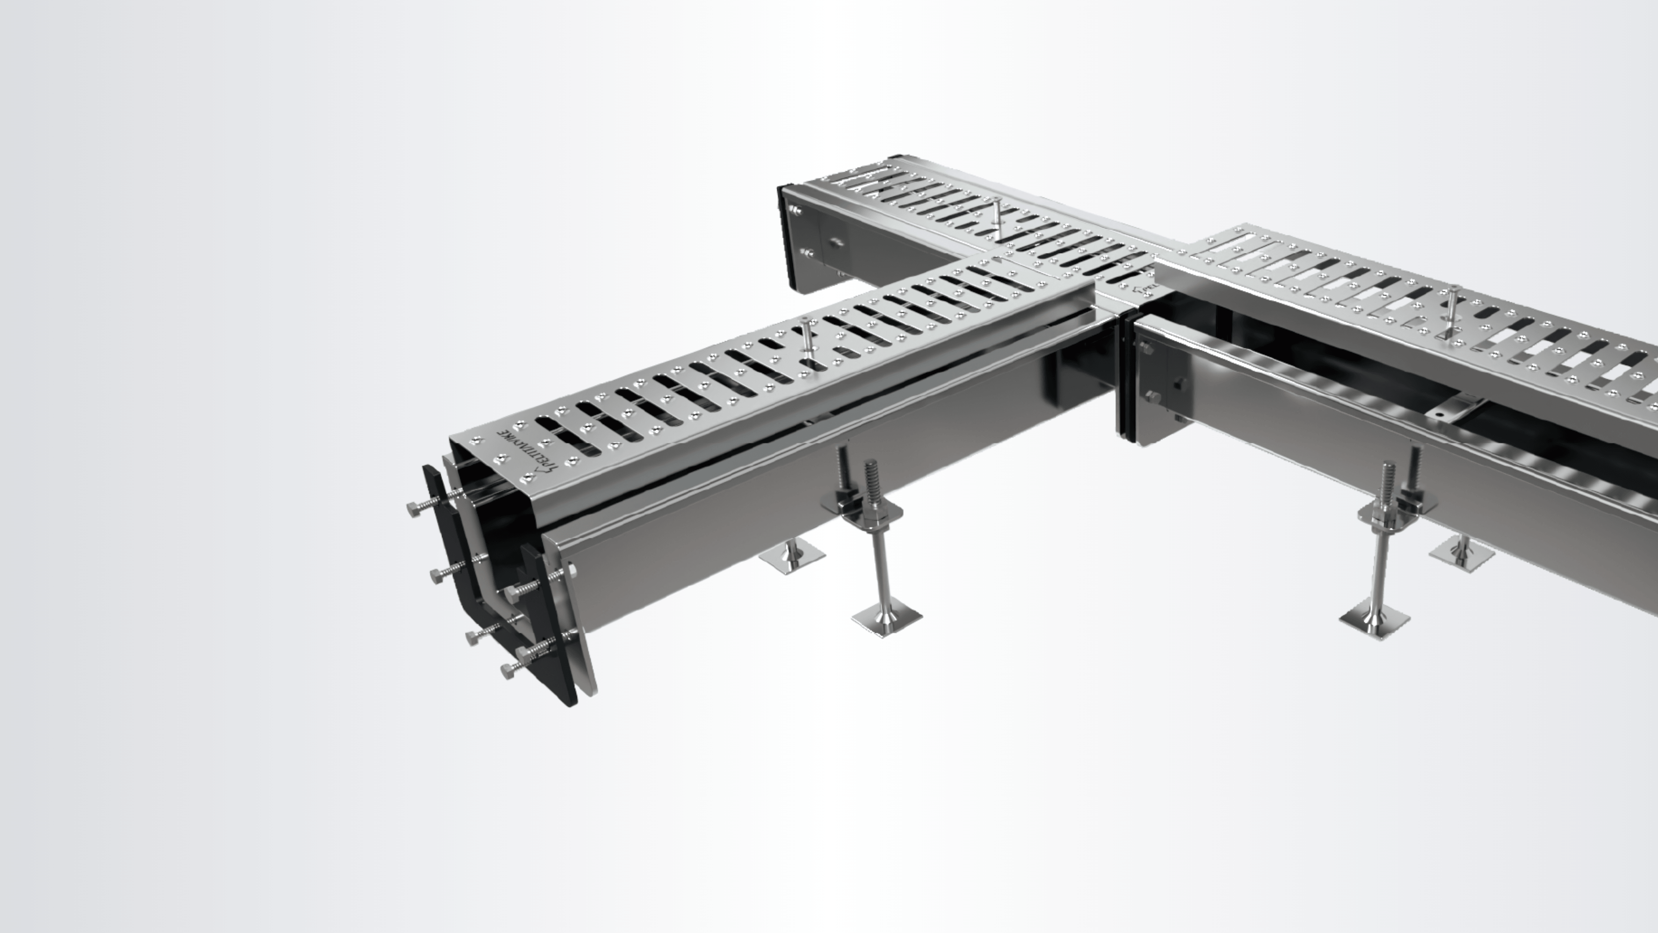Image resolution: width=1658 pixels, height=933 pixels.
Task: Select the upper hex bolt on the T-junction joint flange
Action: point(1146,348)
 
